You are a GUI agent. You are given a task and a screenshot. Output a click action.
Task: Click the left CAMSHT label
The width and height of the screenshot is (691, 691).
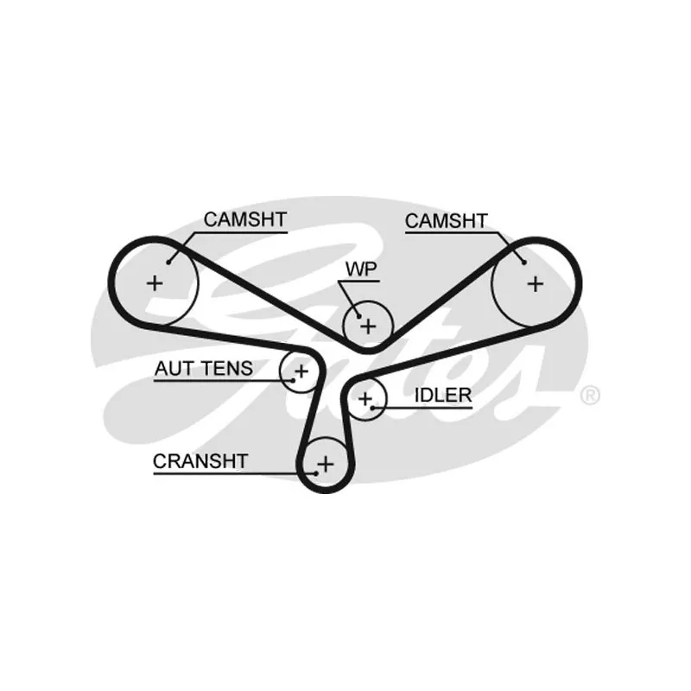point(244,219)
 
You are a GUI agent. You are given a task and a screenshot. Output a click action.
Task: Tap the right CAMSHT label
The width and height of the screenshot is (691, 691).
point(446,221)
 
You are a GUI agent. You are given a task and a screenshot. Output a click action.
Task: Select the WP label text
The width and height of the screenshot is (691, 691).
point(362,268)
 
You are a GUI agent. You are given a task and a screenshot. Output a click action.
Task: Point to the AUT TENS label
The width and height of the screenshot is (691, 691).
point(204,369)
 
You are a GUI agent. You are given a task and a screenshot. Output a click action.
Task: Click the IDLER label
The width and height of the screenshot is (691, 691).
point(443,395)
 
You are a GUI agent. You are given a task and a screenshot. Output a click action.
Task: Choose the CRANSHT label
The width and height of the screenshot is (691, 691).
point(200,461)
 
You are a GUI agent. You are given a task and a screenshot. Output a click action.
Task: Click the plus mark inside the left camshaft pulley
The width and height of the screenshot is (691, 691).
point(155,282)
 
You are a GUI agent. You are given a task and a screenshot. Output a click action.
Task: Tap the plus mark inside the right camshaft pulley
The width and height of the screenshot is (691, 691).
point(536,283)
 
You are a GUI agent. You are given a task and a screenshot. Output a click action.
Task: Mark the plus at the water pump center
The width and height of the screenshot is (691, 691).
point(369,326)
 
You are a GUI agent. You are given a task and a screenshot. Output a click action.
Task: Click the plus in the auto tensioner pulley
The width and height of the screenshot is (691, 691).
point(301,372)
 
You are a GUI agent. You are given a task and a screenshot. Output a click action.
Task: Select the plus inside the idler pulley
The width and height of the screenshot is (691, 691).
point(365,398)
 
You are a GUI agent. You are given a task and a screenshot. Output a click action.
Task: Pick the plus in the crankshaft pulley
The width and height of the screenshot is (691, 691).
point(325,465)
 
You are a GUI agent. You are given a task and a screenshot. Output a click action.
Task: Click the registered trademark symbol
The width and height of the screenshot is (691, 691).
point(589,396)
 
